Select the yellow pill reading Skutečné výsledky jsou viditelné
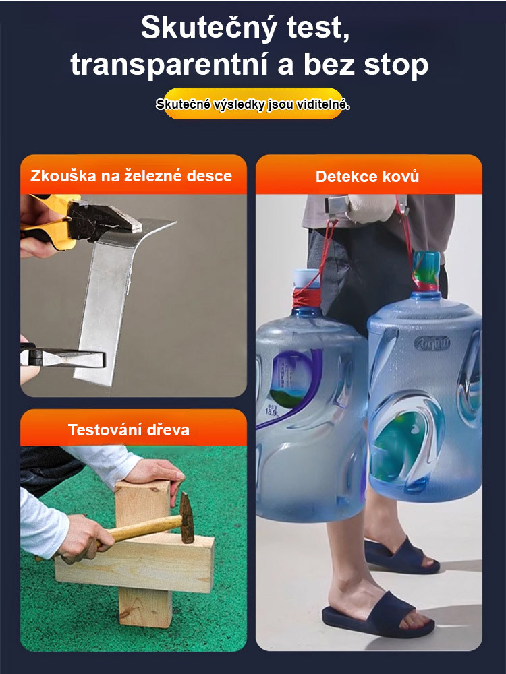[x=253, y=104]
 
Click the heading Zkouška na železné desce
[x=131, y=176]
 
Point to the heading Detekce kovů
[x=368, y=177]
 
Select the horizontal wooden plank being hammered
[x=135, y=563]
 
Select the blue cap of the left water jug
[x=302, y=278]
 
